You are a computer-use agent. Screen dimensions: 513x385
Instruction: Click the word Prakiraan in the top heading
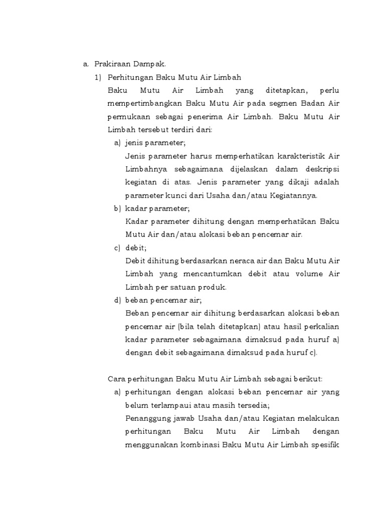tap(110, 65)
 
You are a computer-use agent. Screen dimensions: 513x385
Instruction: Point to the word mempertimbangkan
tap(144, 104)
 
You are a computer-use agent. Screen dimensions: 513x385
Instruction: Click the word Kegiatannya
tap(293, 195)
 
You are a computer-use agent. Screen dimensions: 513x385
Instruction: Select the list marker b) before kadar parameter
tap(117, 208)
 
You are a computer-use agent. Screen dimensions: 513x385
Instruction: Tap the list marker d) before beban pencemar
tap(117, 300)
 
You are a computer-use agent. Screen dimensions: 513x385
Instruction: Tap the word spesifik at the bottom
tap(324, 444)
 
